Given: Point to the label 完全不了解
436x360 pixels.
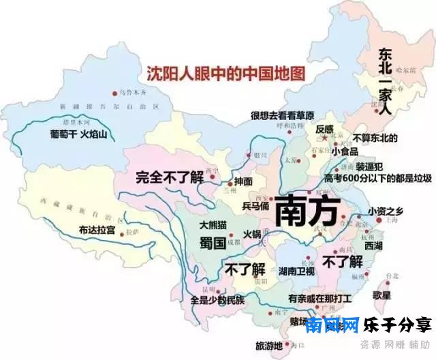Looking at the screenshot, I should coord(169,176).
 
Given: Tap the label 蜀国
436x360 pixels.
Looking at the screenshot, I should coord(212,243).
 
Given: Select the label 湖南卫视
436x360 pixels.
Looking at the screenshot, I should coord(296,271).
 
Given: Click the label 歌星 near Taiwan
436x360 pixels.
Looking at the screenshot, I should coord(382,295).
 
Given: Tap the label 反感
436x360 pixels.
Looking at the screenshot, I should coord(324,129).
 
